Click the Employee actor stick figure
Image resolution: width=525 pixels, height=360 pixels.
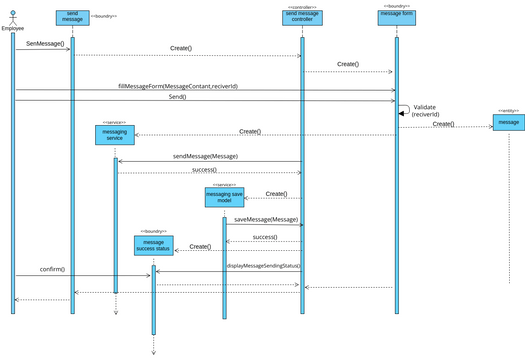(x=13, y=16)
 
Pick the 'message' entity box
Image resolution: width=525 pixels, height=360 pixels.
(x=508, y=122)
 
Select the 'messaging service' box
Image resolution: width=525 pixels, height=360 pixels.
(x=115, y=136)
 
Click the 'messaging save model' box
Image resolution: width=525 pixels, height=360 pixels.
(x=223, y=198)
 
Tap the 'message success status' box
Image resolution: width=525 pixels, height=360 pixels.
(x=153, y=246)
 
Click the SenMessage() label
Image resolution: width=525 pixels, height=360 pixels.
(x=44, y=45)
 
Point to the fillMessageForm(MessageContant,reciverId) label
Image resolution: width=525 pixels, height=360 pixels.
(x=204, y=87)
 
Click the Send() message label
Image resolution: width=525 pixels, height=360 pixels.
(x=204, y=97)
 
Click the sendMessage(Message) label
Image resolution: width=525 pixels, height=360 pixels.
(x=205, y=157)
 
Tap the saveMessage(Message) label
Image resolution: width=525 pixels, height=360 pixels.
(x=266, y=219)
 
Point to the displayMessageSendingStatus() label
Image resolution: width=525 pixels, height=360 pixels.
(x=263, y=266)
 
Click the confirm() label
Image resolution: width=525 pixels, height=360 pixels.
(x=52, y=270)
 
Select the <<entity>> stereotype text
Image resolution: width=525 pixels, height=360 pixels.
(x=508, y=109)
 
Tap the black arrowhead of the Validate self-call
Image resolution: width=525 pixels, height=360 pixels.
(x=402, y=115)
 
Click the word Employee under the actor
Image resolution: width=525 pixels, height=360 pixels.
(x=13, y=29)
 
